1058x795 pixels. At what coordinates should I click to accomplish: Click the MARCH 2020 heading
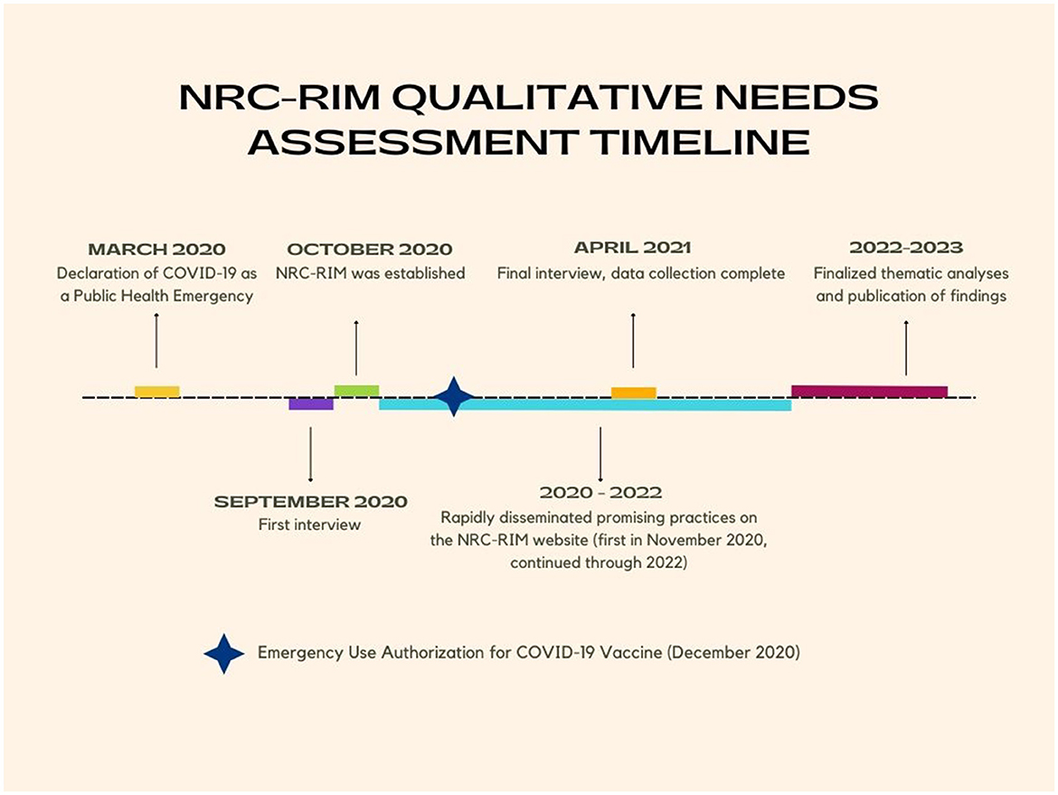click(156, 249)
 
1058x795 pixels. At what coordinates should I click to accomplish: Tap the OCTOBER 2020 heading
click(370, 249)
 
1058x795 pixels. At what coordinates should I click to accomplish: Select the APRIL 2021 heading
click(633, 248)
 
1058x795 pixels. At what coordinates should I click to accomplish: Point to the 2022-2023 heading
click(906, 248)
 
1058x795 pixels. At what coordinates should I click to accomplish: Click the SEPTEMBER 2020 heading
click(310, 501)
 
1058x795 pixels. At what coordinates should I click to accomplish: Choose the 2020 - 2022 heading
click(600, 493)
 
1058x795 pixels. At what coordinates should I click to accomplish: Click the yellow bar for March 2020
click(157, 392)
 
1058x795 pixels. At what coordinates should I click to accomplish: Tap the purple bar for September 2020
click(311, 403)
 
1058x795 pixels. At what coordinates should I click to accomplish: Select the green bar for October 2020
click(357, 391)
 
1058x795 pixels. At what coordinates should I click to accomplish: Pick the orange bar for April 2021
click(634, 393)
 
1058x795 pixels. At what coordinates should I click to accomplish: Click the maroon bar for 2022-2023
click(870, 392)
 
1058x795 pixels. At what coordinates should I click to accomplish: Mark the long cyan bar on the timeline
click(585, 404)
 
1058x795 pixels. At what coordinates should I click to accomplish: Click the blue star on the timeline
click(454, 397)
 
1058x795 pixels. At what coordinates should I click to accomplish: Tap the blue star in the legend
click(224, 653)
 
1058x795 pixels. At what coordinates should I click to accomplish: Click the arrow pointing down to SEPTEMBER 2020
click(310, 454)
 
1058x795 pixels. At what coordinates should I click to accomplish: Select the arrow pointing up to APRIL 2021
click(633, 340)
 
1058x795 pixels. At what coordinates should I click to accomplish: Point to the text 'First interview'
click(309, 525)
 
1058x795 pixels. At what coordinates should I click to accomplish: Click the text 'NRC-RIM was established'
click(371, 273)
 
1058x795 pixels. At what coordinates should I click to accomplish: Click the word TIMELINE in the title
click(700, 142)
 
